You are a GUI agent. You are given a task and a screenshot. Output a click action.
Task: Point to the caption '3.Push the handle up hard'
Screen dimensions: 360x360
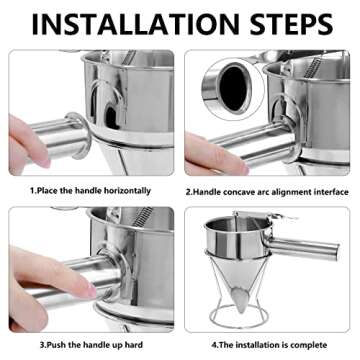[90, 342]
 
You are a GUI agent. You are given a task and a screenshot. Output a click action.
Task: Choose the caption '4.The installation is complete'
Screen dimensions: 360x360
[270, 342]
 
